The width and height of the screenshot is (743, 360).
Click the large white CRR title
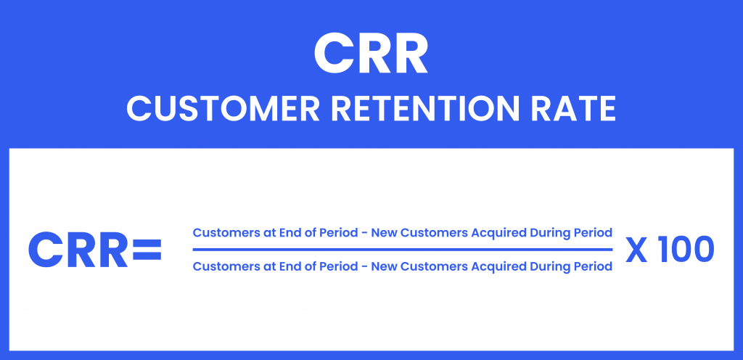coord(371,54)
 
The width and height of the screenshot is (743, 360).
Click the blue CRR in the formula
coord(78,250)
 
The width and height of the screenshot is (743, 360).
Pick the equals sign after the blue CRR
coord(147,250)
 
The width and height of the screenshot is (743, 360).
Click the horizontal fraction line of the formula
coord(402,250)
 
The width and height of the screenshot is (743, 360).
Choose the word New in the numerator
coord(383,232)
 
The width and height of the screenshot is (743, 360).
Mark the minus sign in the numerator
coord(364,234)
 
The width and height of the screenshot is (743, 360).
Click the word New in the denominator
coord(383,266)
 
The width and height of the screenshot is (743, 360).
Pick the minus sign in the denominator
coord(364,268)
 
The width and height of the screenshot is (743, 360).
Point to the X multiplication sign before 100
coord(636,250)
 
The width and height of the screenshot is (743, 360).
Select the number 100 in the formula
coord(686,250)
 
